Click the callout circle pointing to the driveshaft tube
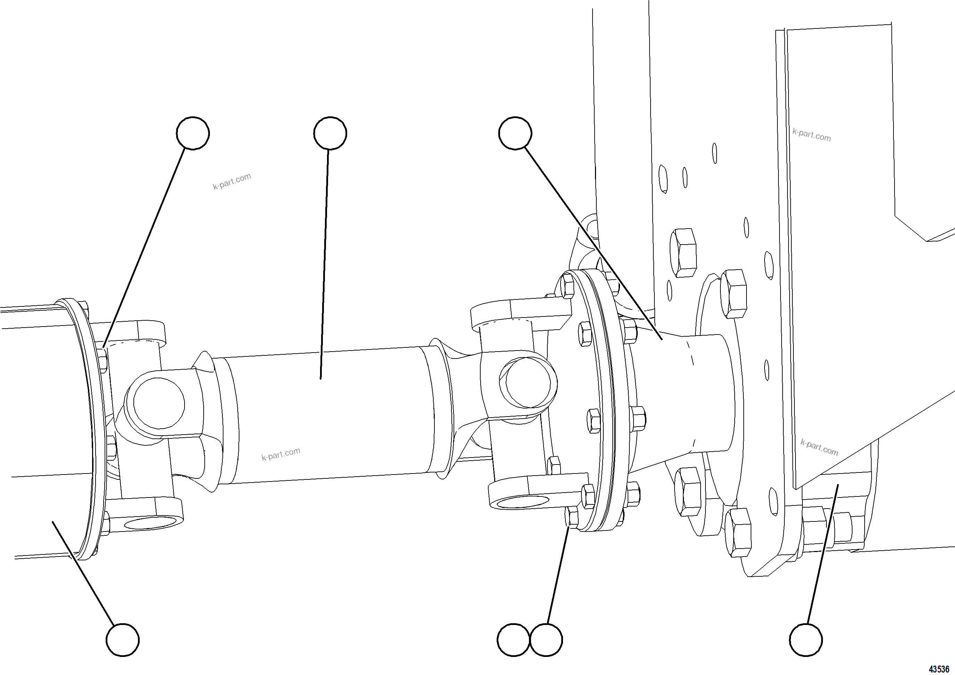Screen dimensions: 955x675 click(330, 133)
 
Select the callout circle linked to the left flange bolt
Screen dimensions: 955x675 click(193, 133)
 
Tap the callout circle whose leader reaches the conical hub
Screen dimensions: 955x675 click(515, 133)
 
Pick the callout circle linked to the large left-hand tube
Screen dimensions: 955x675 click(123, 640)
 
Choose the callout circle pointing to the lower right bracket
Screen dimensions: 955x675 click(806, 640)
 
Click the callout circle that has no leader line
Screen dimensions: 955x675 click(514, 640)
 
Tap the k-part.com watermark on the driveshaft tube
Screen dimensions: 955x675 click(281, 454)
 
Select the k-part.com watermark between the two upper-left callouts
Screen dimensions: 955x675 click(232, 181)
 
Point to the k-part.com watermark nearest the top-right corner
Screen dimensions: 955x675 click(811, 135)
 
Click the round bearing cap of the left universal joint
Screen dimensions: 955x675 click(159, 403)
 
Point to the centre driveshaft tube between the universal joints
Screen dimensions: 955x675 click(325, 416)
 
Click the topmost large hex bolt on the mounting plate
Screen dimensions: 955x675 click(683, 253)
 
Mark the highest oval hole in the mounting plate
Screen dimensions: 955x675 click(715, 154)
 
